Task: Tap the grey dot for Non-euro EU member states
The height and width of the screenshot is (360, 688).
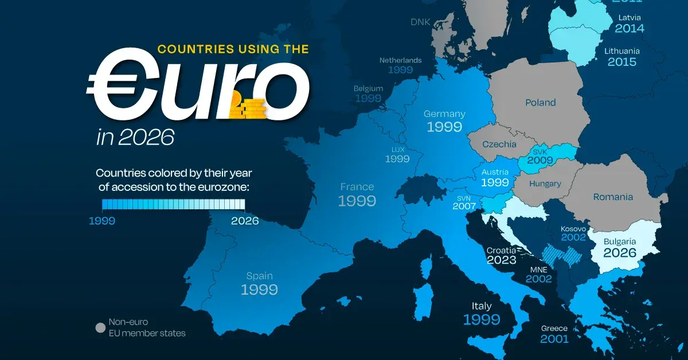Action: coord(100,328)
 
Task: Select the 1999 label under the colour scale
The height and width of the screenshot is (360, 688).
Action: coord(101,221)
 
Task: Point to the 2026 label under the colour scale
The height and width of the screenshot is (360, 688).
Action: coord(245,221)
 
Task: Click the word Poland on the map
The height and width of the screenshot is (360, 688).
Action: coord(541,103)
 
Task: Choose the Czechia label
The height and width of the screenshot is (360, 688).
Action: coord(499,144)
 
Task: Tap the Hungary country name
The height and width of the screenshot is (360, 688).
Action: coord(545,184)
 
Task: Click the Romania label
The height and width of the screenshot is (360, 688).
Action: coord(613,197)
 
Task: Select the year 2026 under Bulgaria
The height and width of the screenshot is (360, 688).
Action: coord(620,253)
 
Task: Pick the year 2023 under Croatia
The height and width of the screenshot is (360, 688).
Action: coord(502,260)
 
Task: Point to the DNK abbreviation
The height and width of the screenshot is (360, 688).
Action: coord(420,22)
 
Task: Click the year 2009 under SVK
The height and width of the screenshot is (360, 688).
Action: coord(540,161)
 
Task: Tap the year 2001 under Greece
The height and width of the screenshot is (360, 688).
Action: coord(554,339)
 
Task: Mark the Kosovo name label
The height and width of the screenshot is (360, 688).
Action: coord(573,229)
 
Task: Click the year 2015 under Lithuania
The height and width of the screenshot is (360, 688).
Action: coord(621,62)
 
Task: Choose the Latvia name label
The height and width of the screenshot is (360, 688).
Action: coord(629,17)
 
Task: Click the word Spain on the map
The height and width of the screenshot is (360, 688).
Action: coord(259,275)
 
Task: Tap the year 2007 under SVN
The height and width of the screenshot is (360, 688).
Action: coord(464,206)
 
